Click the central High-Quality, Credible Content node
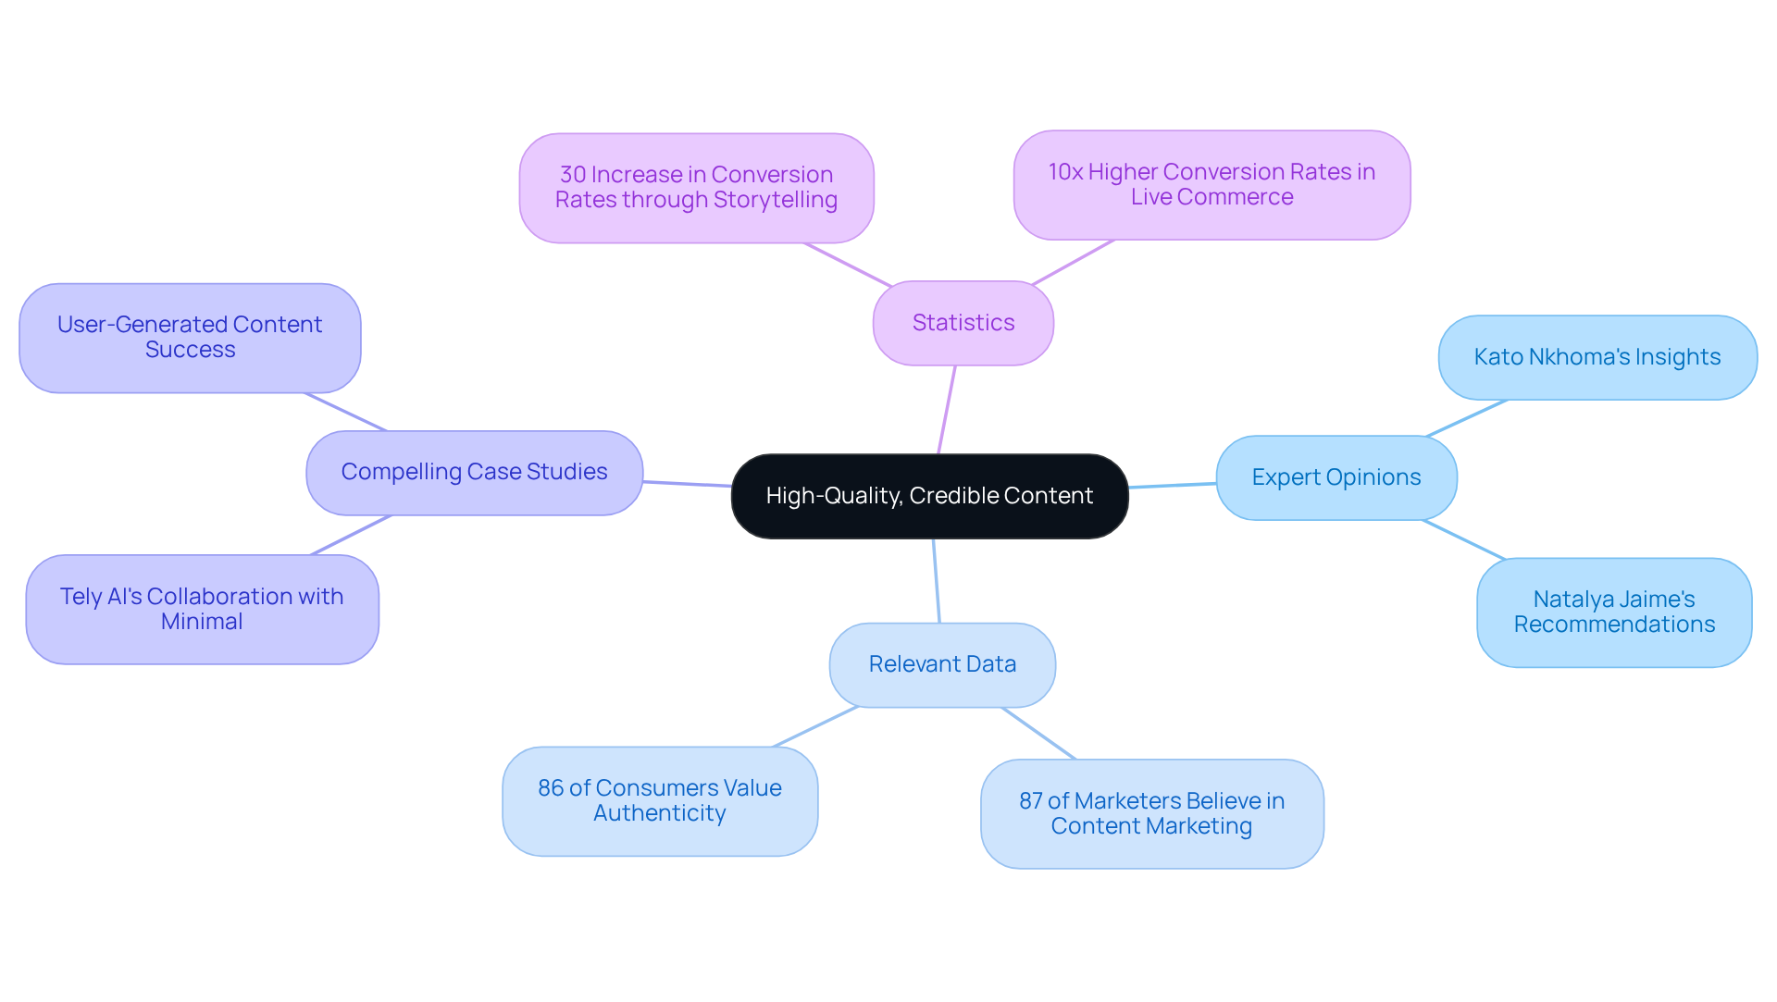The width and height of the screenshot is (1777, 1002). pos(929,496)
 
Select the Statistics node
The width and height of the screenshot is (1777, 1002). pos(963,323)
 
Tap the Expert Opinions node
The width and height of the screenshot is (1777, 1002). pos(1336,477)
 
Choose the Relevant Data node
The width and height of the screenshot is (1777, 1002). pos(942,664)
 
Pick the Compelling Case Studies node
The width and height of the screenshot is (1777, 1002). pos(474,472)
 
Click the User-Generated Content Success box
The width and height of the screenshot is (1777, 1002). pos(190,338)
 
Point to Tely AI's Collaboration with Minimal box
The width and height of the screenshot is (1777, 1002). pos(202,609)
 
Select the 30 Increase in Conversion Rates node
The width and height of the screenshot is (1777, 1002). pos(696,188)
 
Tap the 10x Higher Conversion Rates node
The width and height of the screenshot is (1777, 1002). pos(1212,185)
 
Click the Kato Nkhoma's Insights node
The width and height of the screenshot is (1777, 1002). pos(1597,357)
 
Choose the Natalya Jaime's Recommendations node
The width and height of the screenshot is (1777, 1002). pos(1614,612)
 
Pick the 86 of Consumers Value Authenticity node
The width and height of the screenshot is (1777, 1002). pos(659,801)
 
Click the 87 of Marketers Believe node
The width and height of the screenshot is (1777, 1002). pos(1151,813)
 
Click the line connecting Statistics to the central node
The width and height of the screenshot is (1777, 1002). pos(947,409)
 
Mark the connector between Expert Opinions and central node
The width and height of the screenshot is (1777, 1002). pos(1172,486)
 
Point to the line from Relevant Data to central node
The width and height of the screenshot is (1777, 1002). pos(936,580)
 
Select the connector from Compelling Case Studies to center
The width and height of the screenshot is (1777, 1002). pos(687,483)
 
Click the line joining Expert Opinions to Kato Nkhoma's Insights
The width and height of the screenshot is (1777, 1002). pos(1467,418)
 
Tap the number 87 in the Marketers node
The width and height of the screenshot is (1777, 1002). pos(1030,801)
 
